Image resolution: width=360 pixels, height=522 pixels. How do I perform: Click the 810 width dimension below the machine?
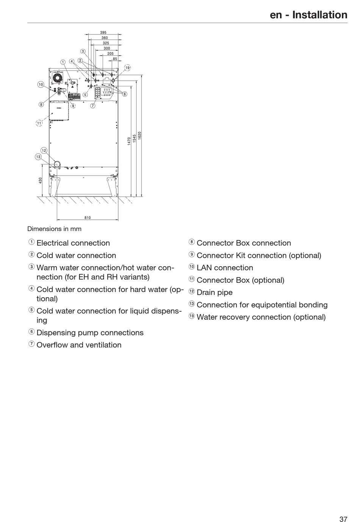tap(88, 218)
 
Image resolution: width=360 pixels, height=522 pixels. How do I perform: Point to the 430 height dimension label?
tap(41, 181)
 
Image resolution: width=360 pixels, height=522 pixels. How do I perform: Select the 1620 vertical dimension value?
tap(139, 136)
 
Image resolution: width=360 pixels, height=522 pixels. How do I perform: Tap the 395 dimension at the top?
tap(103, 33)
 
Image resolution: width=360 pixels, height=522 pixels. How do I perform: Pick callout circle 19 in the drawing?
tap(128, 68)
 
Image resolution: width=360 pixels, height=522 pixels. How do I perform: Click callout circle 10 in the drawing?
tap(41, 84)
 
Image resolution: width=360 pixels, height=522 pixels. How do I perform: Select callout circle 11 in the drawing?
tap(39, 123)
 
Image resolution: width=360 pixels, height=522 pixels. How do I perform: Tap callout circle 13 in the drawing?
tap(38, 156)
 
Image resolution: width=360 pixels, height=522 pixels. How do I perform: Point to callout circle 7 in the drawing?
tap(93, 106)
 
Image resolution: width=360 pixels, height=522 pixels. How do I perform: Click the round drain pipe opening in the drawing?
tap(57, 164)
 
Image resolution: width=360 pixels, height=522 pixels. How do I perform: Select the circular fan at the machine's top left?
tap(57, 78)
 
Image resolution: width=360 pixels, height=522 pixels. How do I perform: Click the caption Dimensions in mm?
tap(54, 229)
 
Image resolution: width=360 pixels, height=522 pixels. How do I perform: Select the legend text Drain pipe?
tap(214, 292)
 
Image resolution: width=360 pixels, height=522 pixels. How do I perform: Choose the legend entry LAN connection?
tap(225, 268)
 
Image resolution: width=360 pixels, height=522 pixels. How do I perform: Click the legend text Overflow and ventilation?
tap(79, 345)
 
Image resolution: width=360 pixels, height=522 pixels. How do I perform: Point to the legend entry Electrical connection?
tap(73, 243)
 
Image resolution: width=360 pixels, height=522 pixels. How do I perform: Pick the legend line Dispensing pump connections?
tap(90, 333)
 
